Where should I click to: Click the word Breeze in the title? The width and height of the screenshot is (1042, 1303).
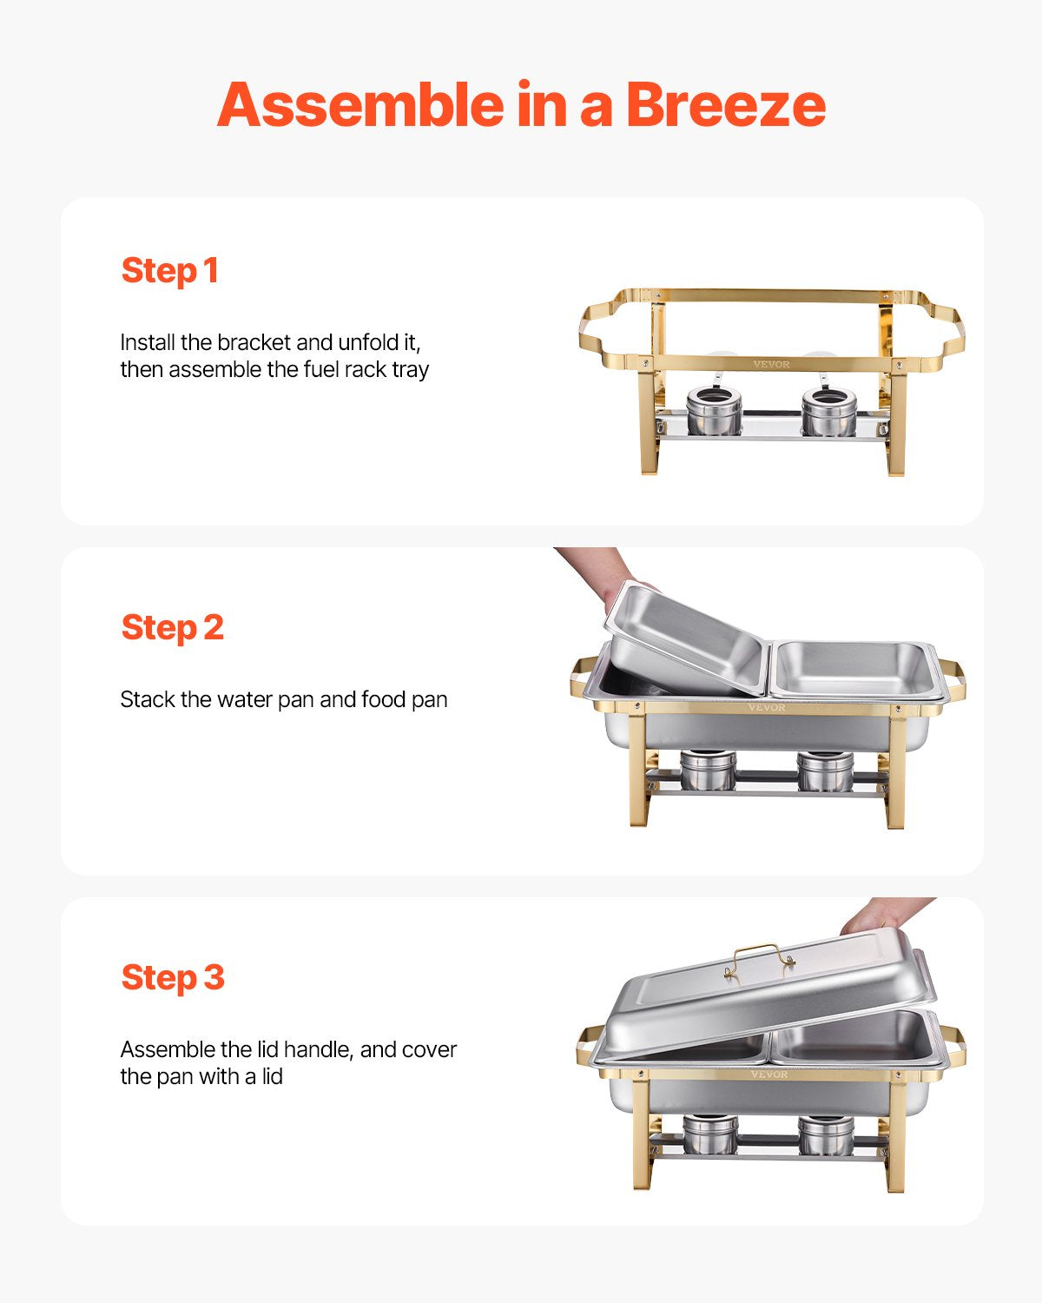pos(725,104)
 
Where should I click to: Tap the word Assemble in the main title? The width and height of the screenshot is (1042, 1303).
pos(359,104)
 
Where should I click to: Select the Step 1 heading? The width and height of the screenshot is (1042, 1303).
pos(169,270)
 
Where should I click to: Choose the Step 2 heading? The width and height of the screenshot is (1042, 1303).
pos(172,627)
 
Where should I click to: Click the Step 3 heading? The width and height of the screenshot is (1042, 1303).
pos(173,977)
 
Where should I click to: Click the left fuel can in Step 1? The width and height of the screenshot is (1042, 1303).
pos(714,412)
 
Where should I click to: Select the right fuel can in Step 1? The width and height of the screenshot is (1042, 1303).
pos(828,412)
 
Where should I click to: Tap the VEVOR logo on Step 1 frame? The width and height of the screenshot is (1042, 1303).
pos(771,364)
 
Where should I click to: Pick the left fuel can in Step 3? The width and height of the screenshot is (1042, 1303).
pos(709,1134)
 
